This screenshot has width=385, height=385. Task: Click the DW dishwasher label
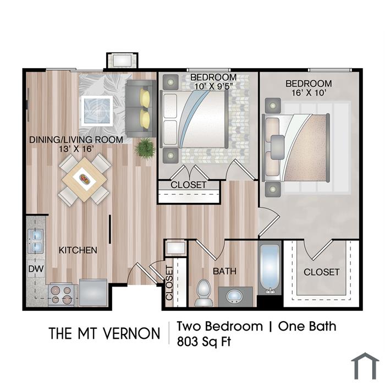pos(36,269)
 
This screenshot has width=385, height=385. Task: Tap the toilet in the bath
pos(204,293)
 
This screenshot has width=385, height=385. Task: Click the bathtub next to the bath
pos(270,269)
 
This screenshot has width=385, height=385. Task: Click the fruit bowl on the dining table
pos(84,179)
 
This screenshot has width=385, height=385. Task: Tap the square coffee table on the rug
pos(97,111)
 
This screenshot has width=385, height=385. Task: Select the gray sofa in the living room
pos(141,108)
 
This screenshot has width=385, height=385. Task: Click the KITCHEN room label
pos(78,250)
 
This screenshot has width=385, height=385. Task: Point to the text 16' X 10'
pos(309,93)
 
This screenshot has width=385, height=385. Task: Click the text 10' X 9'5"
pos(213,86)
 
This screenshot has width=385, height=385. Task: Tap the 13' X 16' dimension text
pos(76,148)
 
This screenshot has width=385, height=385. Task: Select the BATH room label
pos(224,271)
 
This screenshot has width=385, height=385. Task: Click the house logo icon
pos(365,366)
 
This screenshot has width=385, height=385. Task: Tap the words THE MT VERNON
pos(105,333)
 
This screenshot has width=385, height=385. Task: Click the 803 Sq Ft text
pos(204,342)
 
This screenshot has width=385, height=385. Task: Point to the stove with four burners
pos(61,295)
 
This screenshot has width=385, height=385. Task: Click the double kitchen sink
pos(36,241)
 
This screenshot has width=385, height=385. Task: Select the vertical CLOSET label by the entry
pos(169,283)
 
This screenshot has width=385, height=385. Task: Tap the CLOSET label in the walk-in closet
pos(321,272)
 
